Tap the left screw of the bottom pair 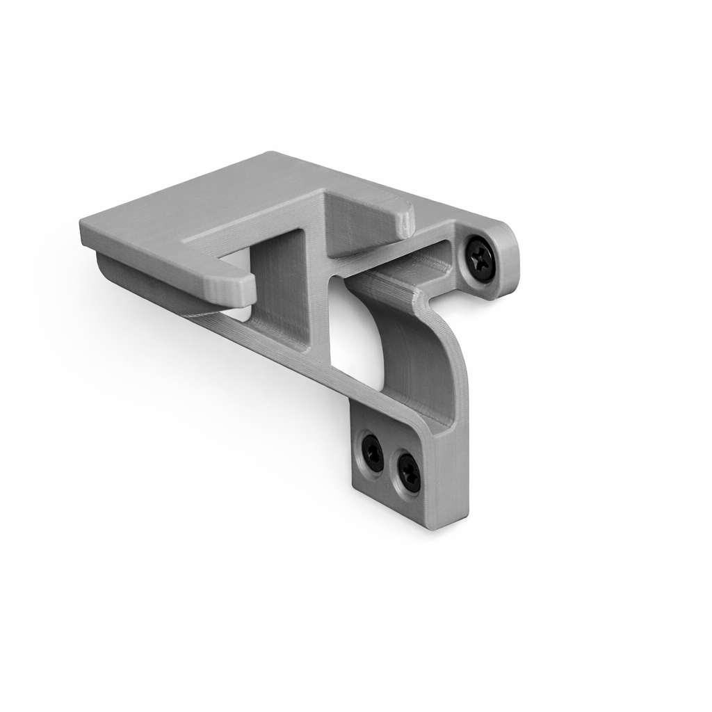pos(373,453)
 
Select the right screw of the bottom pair pos(409,474)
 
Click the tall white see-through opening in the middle pos(356,334)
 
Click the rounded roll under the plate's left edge pos(139,282)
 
